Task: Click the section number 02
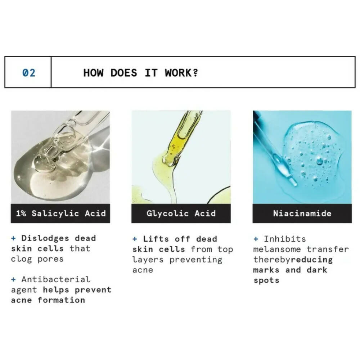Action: pyautogui.click(x=29, y=73)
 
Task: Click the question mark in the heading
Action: pyautogui.click(x=195, y=73)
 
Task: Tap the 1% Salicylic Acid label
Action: pyautogui.click(x=61, y=213)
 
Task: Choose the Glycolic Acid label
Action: pyautogui.click(x=181, y=213)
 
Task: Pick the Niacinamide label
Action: pyautogui.click(x=302, y=213)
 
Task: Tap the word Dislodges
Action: pyautogui.click(x=45, y=238)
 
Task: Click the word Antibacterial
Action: pyautogui.click(x=56, y=279)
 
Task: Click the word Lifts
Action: pyautogui.click(x=156, y=239)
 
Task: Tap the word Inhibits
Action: pyautogui.click(x=285, y=239)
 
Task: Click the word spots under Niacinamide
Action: pyautogui.click(x=266, y=280)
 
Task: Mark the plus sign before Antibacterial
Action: pyautogui.click(x=14, y=279)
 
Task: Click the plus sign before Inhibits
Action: pyautogui.click(x=256, y=239)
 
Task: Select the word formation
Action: pyautogui.click(x=62, y=300)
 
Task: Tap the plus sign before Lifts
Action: pyautogui.click(x=135, y=239)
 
